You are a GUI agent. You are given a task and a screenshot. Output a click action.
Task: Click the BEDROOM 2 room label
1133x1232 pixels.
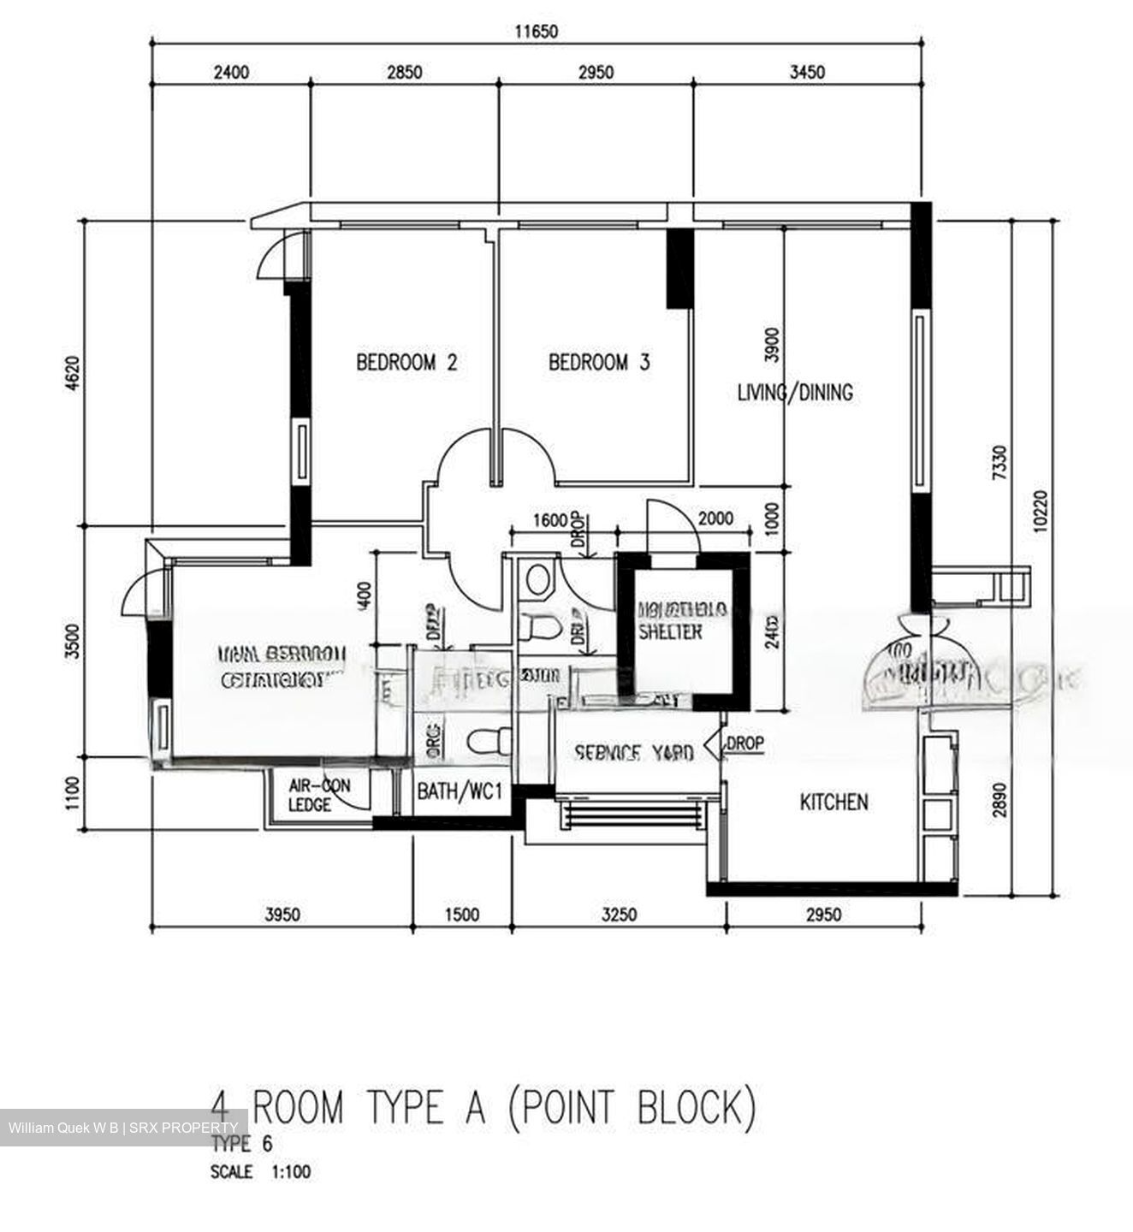pyautogui.click(x=406, y=362)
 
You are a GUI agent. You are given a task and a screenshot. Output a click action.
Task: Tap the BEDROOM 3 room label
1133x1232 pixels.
pyautogui.click(x=599, y=362)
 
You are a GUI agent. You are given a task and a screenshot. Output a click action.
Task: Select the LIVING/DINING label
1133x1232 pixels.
pyautogui.click(x=795, y=393)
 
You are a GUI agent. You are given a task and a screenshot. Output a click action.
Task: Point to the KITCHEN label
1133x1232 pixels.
pyautogui.click(x=833, y=802)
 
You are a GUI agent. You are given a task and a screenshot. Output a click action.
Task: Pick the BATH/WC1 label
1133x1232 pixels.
pyautogui.click(x=460, y=791)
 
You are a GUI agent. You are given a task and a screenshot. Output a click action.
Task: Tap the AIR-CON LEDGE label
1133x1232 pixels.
pyautogui.click(x=318, y=795)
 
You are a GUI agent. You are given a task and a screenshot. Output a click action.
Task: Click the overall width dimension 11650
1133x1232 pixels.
pyautogui.click(x=536, y=33)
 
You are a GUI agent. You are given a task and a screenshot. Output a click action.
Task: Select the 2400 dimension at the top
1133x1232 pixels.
pyautogui.click(x=231, y=72)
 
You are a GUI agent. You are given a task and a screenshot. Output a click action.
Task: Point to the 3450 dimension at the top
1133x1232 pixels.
pyautogui.click(x=807, y=72)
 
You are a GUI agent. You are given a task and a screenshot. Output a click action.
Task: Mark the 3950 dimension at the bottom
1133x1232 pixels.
pyautogui.click(x=282, y=915)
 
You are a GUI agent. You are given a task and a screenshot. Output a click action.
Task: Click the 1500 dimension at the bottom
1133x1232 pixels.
pyautogui.click(x=462, y=915)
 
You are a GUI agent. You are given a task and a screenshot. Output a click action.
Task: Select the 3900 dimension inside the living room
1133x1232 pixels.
pyautogui.click(x=772, y=344)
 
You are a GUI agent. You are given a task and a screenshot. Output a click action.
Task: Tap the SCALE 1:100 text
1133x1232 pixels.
pyautogui.click(x=260, y=1171)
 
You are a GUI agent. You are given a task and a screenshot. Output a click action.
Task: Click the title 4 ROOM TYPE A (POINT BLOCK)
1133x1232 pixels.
pyautogui.click(x=484, y=1108)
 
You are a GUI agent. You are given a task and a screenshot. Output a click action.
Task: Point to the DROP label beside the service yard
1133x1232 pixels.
pyautogui.click(x=744, y=743)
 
